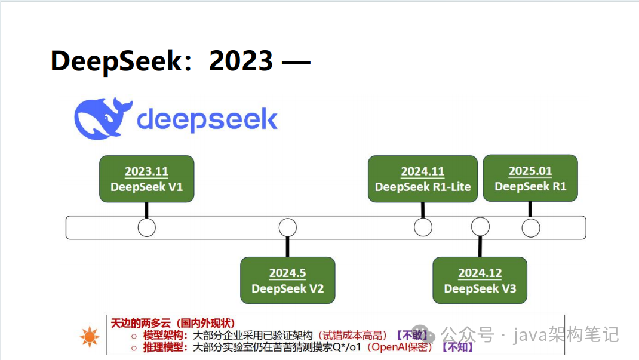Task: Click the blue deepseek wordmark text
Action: point(207,119)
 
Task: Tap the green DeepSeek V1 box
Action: point(146,179)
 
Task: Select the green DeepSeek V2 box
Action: point(287,281)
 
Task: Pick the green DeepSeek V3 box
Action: point(480,281)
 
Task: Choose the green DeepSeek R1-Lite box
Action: point(423,179)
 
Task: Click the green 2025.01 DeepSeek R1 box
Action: point(530,179)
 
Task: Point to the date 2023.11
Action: point(146,171)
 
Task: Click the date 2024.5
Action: point(287,273)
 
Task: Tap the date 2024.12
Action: point(480,273)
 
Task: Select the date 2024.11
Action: point(423,171)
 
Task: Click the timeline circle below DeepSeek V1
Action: point(146,227)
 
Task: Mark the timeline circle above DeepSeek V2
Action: point(287,227)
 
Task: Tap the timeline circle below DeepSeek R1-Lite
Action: point(423,227)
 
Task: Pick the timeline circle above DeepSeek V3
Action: point(480,227)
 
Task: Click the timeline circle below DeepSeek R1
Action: point(530,227)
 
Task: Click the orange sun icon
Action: point(90,337)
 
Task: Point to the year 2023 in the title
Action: point(241,61)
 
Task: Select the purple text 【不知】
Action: point(456,347)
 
